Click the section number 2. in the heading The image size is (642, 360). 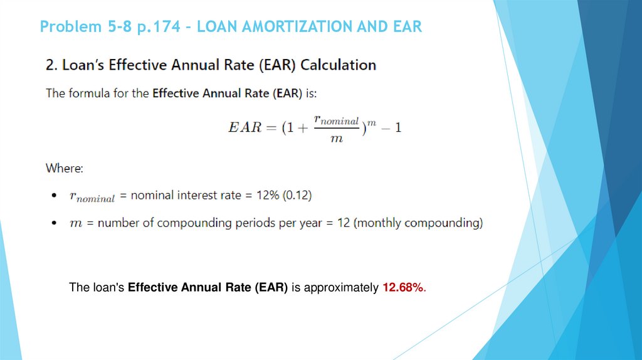coord(51,65)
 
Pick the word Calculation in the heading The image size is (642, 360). coord(344,65)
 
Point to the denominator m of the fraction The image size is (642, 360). coord(337,139)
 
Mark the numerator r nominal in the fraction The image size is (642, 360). coord(337,119)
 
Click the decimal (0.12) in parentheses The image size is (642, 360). coord(297,195)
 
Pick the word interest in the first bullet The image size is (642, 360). coord(201,195)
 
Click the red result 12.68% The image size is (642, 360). coord(403,288)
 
